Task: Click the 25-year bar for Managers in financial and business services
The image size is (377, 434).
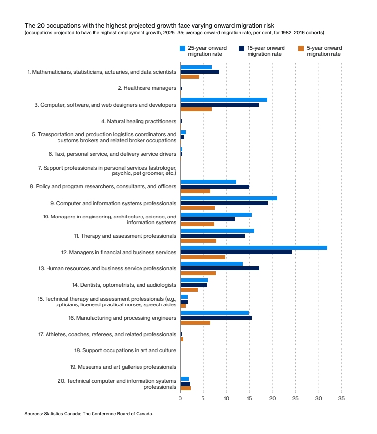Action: point(253,247)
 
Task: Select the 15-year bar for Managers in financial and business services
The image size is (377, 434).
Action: point(236,252)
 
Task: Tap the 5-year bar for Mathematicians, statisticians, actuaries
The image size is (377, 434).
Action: point(189,77)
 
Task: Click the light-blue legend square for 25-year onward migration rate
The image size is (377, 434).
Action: point(182,48)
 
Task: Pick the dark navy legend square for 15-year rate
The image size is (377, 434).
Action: point(241,48)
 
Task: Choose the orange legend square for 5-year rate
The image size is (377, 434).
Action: point(301,48)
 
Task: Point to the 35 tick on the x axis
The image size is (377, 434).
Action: point(341,398)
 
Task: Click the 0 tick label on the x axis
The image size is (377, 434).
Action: point(180,398)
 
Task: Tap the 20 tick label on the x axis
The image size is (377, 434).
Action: point(272,398)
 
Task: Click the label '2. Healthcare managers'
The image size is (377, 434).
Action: point(147,88)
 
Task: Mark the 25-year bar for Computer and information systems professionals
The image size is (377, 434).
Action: point(229,198)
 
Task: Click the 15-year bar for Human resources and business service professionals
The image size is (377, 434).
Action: point(220,268)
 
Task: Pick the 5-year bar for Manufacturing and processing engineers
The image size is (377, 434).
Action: point(195,323)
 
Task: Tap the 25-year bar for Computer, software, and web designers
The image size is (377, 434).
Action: point(224,100)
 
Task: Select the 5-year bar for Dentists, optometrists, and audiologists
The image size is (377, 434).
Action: point(189,290)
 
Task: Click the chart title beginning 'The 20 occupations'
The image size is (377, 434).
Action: point(149,25)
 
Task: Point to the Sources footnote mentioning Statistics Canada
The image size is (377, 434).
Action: point(89,414)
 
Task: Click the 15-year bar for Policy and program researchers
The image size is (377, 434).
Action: point(215,187)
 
